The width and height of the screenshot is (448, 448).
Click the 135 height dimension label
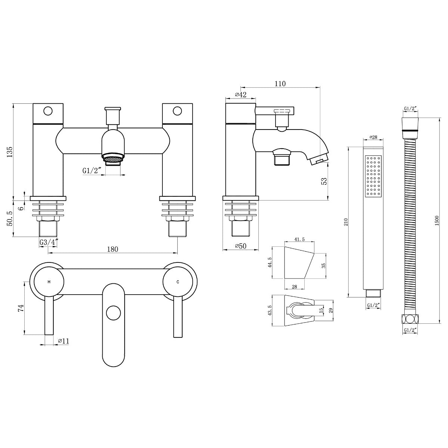pyautogui.click(x=10, y=152)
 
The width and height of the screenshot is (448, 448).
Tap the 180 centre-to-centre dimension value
pyautogui.click(x=112, y=249)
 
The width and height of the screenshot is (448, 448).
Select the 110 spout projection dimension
pyautogui.click(x=280, y=84)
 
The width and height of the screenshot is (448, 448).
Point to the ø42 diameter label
pyautogui.click(x=240, y=94)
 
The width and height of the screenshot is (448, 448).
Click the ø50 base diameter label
pyautogui.click(x=240, y=246)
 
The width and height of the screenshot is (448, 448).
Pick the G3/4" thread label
pyautogui.click(x=48, y=242)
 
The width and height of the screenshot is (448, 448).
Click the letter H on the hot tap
pyautogui.click(x=49, y=282)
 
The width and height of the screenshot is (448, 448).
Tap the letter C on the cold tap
pyautogui.click(x=178, y=282)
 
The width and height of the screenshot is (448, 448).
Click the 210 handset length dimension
pyautogui.click(x=346, y=222)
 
